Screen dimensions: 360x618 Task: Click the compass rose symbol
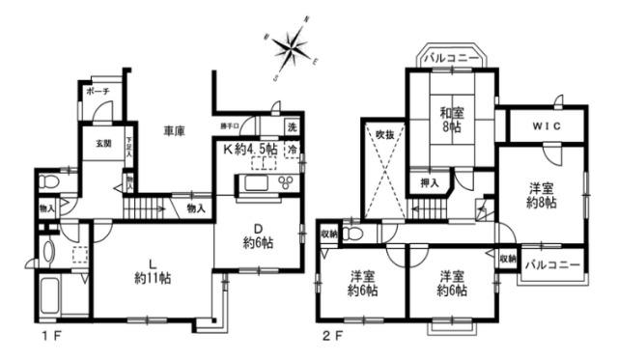tap(291, 44)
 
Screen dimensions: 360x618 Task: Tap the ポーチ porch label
tap(97, 92)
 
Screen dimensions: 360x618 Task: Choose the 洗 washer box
tap(292, 127)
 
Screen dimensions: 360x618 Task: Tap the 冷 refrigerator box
tap(292, 150)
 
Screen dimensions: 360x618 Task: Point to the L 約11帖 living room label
tap(154, 269)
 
